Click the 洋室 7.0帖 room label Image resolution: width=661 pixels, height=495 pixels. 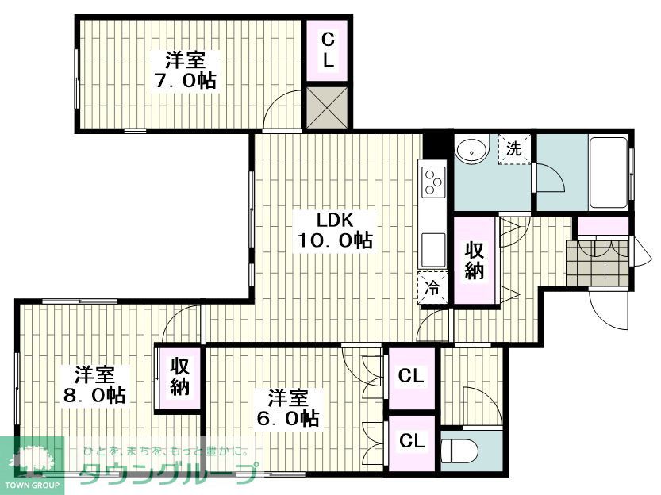(185, 70)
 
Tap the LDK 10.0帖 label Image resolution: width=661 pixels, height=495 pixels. (335, 230)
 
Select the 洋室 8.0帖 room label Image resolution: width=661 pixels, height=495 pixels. (94, 385)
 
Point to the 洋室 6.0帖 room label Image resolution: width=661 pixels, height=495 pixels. (288, 408)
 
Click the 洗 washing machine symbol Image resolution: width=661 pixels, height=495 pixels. (514, 148)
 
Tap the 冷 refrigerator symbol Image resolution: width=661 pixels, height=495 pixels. (432, 288)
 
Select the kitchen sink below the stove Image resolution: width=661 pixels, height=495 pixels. (434, 249)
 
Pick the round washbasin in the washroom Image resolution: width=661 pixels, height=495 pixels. (472, 149)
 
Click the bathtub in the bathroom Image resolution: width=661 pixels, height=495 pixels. (608, 172)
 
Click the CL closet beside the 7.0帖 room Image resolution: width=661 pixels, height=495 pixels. (328, 50)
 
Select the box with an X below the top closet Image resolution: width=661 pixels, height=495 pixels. (327, 107)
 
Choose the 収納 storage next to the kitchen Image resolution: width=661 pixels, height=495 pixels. (475, 260)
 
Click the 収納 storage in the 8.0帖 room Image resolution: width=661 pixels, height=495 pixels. (179, 377)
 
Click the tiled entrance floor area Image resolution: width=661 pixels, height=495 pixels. (598, 263)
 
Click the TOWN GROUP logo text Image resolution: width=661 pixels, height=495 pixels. (32, 485)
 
